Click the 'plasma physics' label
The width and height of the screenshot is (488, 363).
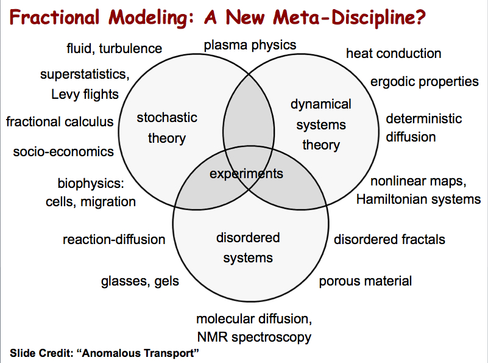(x=250, y=46)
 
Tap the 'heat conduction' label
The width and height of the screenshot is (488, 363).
(x=394, y=53)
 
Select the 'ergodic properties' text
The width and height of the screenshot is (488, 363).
(x=424, y=82)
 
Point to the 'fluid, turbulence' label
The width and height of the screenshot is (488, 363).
(x=114, y=49)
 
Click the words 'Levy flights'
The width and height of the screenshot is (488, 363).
(x=85, y=95)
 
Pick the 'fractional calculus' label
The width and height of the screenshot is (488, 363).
(x=60, y=121)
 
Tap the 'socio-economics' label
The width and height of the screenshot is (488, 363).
(x=63, y=152)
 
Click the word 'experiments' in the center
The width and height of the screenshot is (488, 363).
(x=246, y=174)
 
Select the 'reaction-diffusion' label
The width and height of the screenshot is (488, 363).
(x=114, y=240)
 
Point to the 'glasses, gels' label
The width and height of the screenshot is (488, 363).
(x=140, y=281)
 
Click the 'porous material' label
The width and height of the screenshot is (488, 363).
(x=366, y=281)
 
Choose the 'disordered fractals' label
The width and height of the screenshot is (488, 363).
(x=389, y=240)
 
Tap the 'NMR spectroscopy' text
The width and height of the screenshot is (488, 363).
(x=254, y=337)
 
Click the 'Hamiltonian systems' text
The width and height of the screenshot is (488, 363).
(x=419, y=199)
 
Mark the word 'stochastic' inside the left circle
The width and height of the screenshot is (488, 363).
(x=167, y=118)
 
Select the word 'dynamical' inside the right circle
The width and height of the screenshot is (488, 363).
(x=321, y=105)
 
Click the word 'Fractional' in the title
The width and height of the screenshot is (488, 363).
(x=54, y=17)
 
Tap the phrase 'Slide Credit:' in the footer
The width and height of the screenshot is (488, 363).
(x=41, y=353)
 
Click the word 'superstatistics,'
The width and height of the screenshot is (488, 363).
(x=85, y=75)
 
